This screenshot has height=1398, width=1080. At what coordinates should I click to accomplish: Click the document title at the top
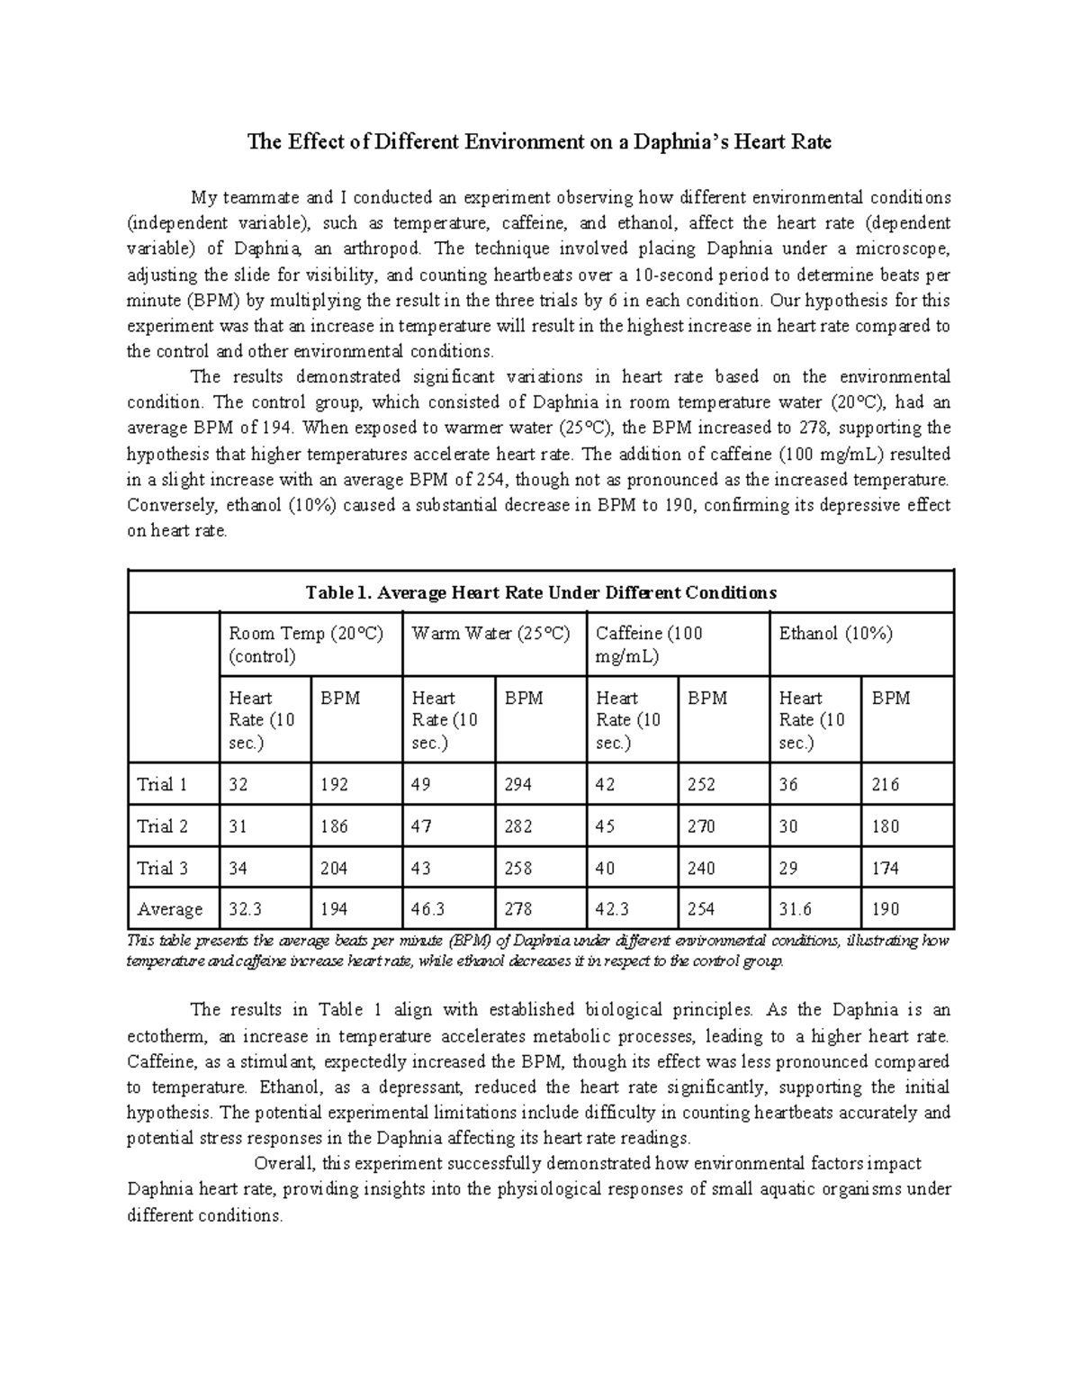pos(540,142)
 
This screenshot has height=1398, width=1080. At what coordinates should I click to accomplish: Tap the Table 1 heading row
pos(540,592)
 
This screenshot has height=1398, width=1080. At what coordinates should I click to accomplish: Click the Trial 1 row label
pos(162,784)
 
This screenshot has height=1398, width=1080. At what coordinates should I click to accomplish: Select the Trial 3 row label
pos(162,869)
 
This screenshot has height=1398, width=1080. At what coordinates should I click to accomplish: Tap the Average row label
pos(169,909)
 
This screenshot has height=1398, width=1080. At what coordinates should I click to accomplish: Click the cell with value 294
pos(517,784)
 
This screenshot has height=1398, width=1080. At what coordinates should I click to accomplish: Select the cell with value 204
pos(335,869)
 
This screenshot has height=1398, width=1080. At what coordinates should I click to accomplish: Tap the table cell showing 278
pos(518,909)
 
